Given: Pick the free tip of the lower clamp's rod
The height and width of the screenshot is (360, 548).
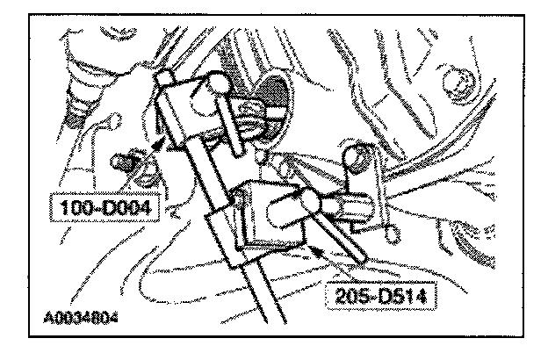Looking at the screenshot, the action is pos(364,260).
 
